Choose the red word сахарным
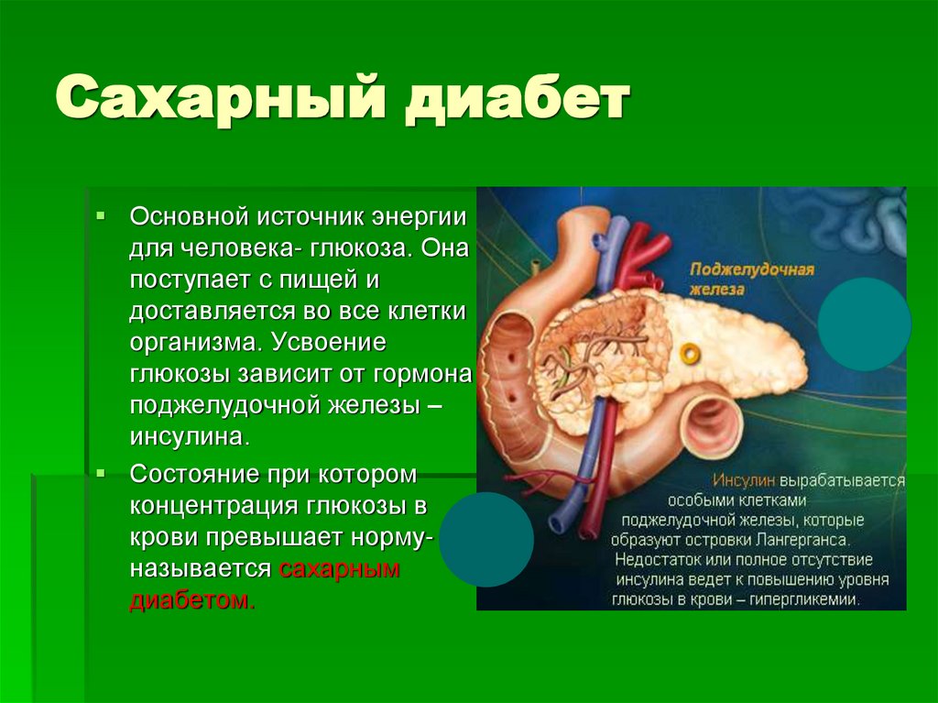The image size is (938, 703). [340, 569]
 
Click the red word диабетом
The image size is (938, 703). [190, 601]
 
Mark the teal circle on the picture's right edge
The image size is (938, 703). [864, 324]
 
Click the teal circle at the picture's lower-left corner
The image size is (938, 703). [486, 539]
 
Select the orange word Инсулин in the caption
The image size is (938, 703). [745, 480]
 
